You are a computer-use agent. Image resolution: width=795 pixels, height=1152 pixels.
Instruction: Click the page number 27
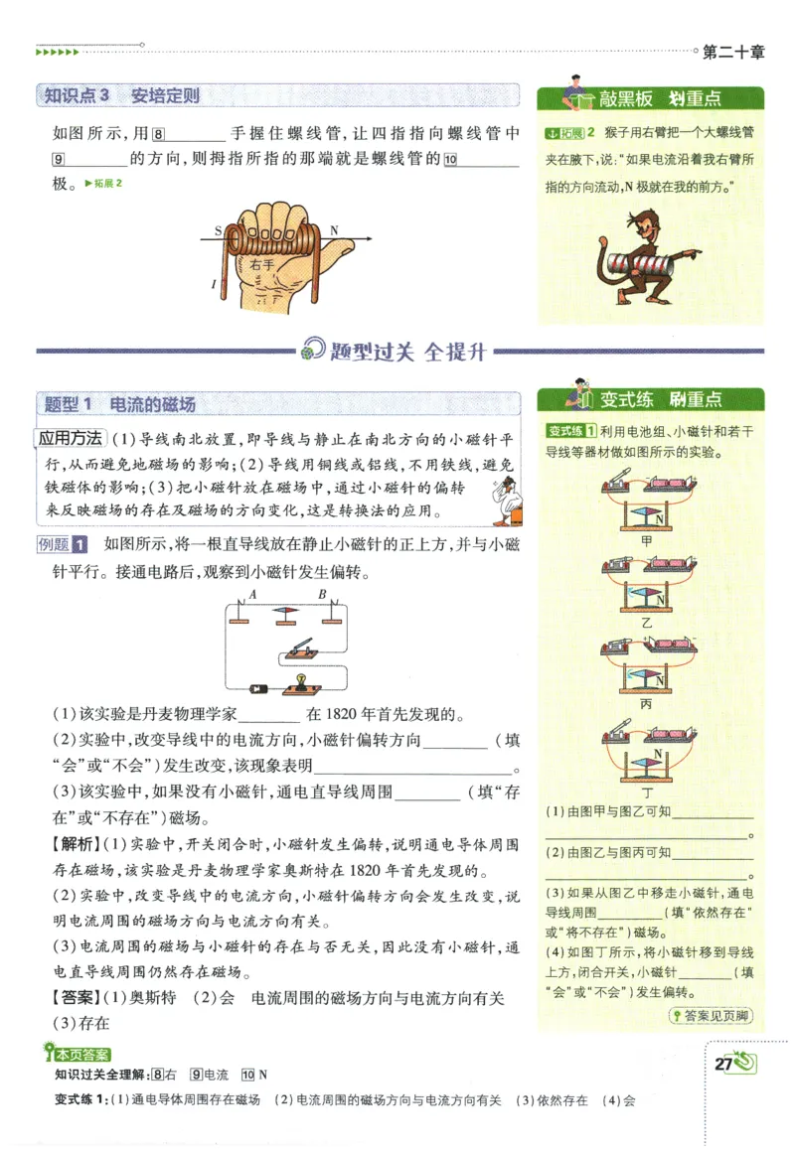(723, 1065)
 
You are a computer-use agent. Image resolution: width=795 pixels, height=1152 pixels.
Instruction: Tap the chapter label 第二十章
(733, 54)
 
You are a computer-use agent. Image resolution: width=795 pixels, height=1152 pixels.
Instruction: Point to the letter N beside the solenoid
(334, 230)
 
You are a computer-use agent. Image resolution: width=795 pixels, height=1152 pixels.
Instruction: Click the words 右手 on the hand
(261, 265)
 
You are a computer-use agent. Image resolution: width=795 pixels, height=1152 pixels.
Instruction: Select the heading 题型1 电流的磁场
(121, 404)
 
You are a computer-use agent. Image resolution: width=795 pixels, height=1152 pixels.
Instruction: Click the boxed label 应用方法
(70, 438)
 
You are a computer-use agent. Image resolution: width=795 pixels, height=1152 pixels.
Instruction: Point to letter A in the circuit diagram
(252, 595)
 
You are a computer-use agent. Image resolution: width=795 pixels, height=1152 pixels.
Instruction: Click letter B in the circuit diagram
(322, 595)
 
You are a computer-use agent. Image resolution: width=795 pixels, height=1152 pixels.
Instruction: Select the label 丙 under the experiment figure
(647, 703)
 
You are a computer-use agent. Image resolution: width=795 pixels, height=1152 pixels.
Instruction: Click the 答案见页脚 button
(711, 1015)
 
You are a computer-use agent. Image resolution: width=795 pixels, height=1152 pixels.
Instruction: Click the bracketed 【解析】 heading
(75, 844)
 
